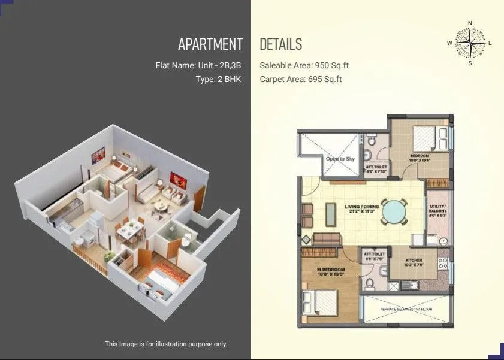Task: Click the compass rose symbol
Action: pyautogui.click(x=470, y=43)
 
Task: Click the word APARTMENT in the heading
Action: pyautogui.click(x=210, y=44)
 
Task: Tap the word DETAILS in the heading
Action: pyautogui.click(x=281, y=44)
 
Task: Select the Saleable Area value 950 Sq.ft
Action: pyautogui.click(x=322, y=65)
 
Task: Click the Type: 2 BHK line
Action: pyautogui.click(x=218, y=78)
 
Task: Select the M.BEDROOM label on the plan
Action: pyautogui.click(x=331, y=271)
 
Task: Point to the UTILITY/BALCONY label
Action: pyautogui.click(x=437, y=209)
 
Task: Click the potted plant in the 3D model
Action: pyautogui.click(x=108, y=256)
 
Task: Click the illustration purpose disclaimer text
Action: pyautogui.click(x=166, y=344)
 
